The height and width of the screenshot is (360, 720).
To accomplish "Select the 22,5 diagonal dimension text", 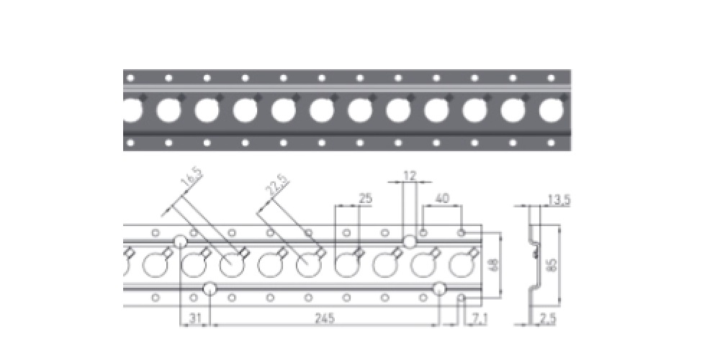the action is click(x=277, y=185).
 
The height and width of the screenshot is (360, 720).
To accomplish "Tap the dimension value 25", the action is click(x=365, y=199).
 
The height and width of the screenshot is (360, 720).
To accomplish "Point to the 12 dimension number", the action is click(x=410, y=176).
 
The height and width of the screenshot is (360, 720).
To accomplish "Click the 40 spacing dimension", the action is click(x=442, y=199).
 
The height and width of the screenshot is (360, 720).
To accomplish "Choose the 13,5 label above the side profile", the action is click(x=559, y=200).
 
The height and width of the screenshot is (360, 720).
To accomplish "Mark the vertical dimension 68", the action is click(x=494, y=266).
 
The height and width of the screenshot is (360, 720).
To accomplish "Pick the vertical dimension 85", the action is click(x=552, y=265).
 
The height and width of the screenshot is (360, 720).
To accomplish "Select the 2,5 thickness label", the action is click(x=548, y=318).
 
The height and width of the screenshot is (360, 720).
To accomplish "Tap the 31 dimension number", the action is click(x=194, y=318).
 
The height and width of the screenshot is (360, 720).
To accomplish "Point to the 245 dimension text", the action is click(x=325, y=318).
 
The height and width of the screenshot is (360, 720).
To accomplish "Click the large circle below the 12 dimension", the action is click(x=410, y=241).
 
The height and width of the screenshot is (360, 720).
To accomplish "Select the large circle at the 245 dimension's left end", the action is click(x=210, y=289).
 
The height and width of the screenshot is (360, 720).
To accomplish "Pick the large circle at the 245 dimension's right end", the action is click(x=439, y=289).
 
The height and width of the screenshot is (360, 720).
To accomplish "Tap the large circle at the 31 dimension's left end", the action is click(x=180, y=241).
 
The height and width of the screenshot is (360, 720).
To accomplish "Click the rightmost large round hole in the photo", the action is click(x=551, y=110).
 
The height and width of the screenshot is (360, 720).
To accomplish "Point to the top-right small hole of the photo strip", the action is click(x=551, y=78).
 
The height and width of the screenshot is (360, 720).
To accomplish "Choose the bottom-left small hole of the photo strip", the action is click(x=130, y=143).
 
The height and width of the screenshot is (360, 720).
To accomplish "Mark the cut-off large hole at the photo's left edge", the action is click(x=132, y=110).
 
